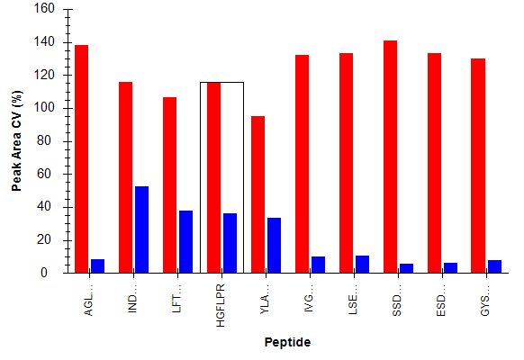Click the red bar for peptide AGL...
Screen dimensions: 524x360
pyautogui.click(x=82, y=159)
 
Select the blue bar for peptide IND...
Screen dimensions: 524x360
pyautogui.click(x=141, y=229)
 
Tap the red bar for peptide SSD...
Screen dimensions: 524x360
pyautogui.click(x=391, y=157)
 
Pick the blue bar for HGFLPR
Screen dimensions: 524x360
pyautogui.click(x=230, y=243)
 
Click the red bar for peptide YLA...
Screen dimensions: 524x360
pyautogui.click(x=258, y=194)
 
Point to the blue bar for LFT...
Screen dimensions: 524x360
pyautogui.click(x=185, y=242)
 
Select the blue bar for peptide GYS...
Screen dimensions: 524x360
pyautogui.click(x=494, y=266)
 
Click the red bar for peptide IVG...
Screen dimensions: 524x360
pyautogui.click(x=303, y=164)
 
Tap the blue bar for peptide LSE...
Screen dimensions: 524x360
pyautogui.click(x=362, y=265)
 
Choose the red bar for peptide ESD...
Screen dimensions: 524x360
pyautogui.click(x=435, y=163)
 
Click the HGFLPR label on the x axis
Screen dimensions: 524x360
pyautogui.click(x=221, y=305)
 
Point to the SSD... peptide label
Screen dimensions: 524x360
pyautogui.click(x=397, y=301)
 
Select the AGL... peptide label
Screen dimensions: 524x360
pyautogui.click(x=88, y=301)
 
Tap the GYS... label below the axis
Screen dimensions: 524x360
pyautogui.click(x=484, y=301)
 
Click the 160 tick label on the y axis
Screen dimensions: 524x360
pyautogui.click(x=44, y=8)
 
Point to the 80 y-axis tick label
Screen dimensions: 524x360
pyautogui.click(x=44, y=140)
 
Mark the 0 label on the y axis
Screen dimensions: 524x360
pyautogui.click(x=44, y=273)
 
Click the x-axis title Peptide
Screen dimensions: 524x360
pyautogui.click(x=287, y=342)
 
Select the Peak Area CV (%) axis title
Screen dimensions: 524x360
pyautogui.click(x=16, y=141)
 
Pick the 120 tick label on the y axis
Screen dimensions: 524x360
pyautogui.click(x=44, y=75)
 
